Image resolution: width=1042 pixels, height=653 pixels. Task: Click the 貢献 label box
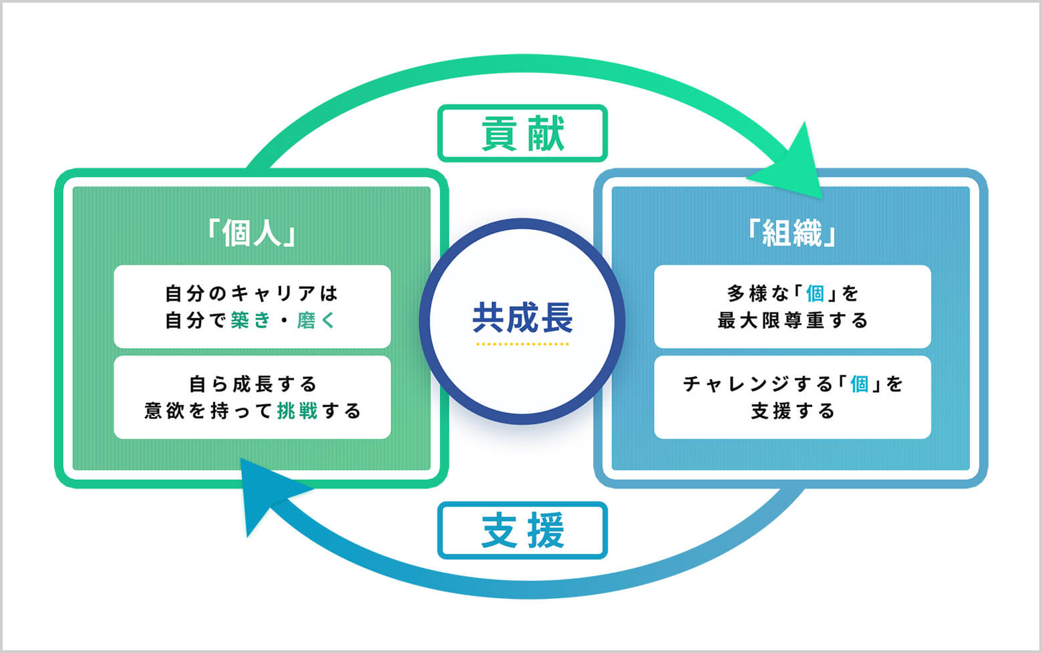[522, 133]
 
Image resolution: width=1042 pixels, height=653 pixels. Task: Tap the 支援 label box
[522, 530]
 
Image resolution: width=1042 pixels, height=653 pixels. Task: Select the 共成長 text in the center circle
[522, 317]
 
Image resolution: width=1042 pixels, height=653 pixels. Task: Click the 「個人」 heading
[252, 233]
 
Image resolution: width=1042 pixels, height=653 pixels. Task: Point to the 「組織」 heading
[792, 233]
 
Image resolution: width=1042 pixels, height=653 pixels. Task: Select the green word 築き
[250, 321]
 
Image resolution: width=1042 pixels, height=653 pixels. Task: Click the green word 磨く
[315, 321]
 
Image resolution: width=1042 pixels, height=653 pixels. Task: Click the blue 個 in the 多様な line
[815, 293]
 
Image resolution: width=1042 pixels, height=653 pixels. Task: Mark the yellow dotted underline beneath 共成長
[522, 344]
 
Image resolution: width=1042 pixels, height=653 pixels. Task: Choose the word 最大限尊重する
[792, 321]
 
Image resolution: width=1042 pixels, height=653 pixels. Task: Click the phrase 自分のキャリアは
[252, 293]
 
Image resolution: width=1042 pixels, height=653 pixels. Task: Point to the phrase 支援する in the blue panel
[792, 410]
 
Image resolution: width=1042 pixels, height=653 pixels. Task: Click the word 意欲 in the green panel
[164, 410]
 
